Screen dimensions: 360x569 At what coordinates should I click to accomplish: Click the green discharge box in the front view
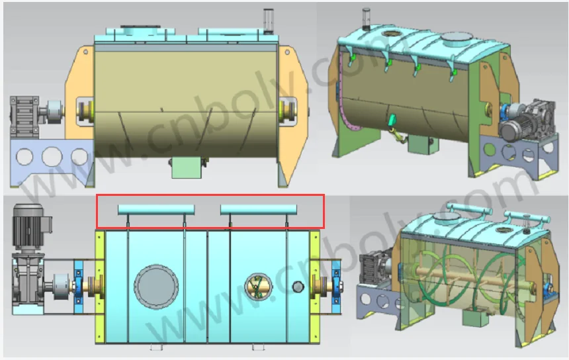tap(186, 168)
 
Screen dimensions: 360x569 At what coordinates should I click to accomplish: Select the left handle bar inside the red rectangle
tap(157, 209)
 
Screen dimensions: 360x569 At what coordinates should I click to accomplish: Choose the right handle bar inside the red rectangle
tap(259, 209)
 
